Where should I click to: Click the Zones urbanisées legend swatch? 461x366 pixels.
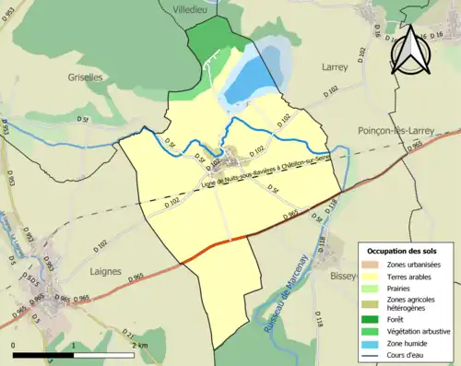click(x=373, y=266)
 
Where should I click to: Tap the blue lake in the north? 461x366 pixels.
click(x=244, y=83)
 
